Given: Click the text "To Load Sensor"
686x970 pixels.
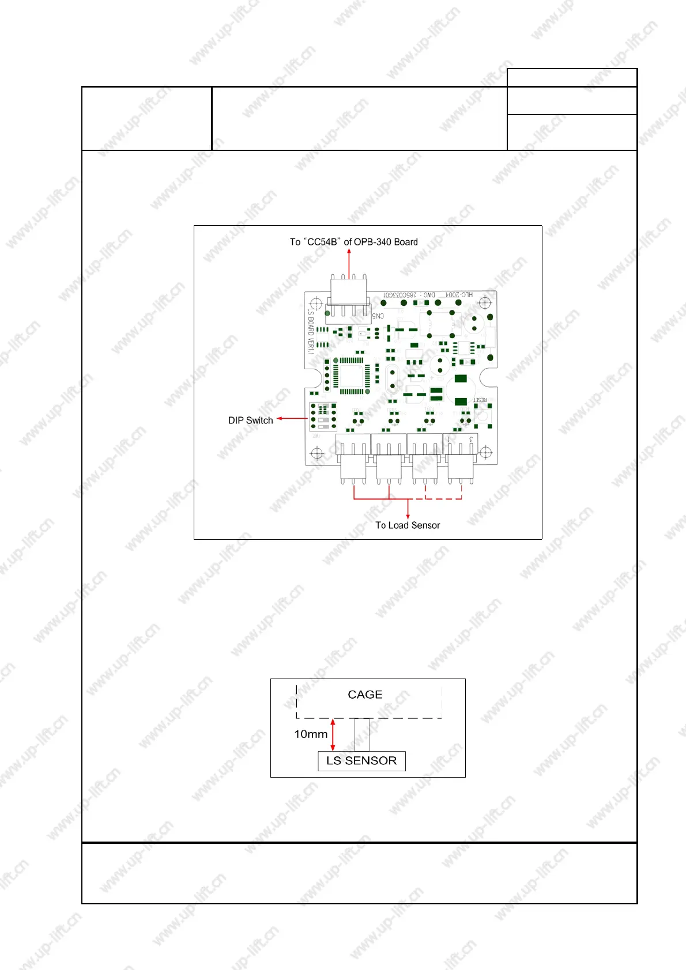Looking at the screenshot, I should [x=408, y=525].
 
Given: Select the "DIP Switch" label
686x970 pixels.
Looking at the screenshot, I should [x=250, y=420].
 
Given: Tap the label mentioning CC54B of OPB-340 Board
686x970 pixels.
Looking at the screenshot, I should [x=353, y=242].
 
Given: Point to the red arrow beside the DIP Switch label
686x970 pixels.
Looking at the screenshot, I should [x=292, y=419].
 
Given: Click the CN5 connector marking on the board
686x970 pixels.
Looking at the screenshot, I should [x=378, y=316].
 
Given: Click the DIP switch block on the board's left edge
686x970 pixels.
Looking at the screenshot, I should [x=323, y=416].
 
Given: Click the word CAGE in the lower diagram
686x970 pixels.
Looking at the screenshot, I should [x=365, y=695].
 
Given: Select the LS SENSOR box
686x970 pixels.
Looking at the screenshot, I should [x=361, y=761].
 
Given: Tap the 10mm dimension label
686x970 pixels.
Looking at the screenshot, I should [x=311, y=734].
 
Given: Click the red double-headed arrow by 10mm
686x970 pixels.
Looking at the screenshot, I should [x=333, y=734].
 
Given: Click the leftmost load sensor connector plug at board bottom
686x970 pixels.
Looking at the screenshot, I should [x=353, y=468].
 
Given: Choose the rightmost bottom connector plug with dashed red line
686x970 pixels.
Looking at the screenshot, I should [x=461, y=468].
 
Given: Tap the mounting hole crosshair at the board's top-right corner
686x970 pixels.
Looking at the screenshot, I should [x=485, y=302].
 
